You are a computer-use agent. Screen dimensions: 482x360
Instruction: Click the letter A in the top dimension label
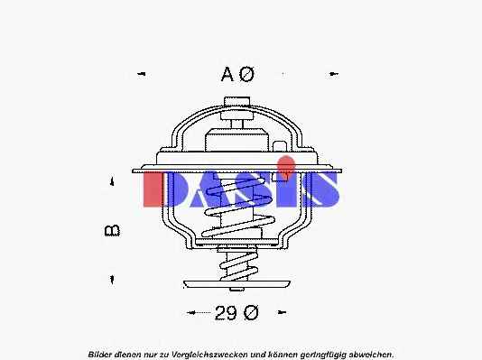click(227, 74)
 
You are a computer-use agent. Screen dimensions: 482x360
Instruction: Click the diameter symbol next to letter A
click(246, 74)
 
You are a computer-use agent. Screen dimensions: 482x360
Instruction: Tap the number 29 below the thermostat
click(226, 313)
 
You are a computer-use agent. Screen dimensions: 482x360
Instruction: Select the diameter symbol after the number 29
click(251, 313)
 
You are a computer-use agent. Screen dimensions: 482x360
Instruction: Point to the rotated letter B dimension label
click(112, 231)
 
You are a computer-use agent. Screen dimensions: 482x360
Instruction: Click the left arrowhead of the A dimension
click(141, 74)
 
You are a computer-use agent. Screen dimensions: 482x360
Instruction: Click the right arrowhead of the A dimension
click(334, 74)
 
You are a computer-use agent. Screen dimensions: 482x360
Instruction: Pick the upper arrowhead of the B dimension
click(112, 181)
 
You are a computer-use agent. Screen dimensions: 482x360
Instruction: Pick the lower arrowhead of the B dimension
click(112, 279)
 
